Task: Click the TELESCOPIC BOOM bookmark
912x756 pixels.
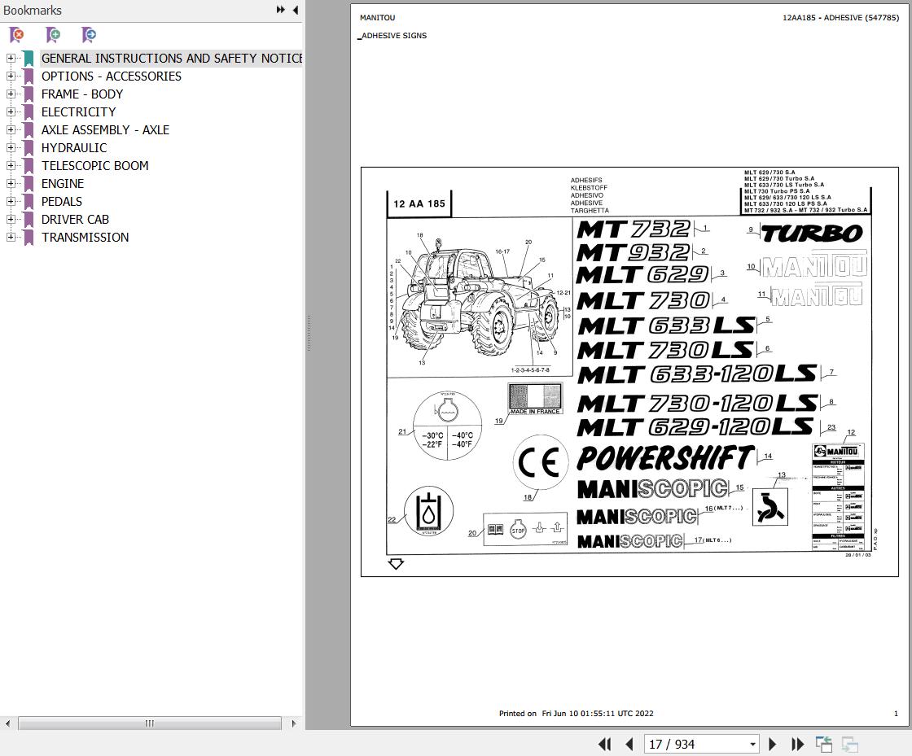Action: tap(94, 165)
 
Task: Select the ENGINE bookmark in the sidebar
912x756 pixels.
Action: tap(63, 183)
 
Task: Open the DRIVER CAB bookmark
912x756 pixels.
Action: tap(75, 219)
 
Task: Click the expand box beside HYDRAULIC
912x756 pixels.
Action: tap(11, 147)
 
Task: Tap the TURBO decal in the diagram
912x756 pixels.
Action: tap(811, 234)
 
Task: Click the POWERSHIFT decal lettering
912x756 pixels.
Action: tap(664, 458)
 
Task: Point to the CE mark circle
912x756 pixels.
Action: tap(539, 462)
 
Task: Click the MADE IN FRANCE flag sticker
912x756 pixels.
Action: tap(535, 397)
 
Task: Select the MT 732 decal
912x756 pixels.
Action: tap(634, 229)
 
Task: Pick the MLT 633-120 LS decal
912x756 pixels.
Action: tap(696, 374)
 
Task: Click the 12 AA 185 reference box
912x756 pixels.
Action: tap(419, 203)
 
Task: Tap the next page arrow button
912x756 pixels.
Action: tap(773, 744)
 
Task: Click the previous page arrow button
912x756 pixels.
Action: tap(629, 744)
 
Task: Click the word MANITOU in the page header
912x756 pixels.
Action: tap(377, 18)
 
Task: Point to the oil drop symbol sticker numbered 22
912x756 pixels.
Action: tap(428, 512)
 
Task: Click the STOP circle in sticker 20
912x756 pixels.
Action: tap(518, 531)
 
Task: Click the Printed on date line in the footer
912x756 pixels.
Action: tap(576, 714)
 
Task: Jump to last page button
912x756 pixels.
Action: tap(798, 744)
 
